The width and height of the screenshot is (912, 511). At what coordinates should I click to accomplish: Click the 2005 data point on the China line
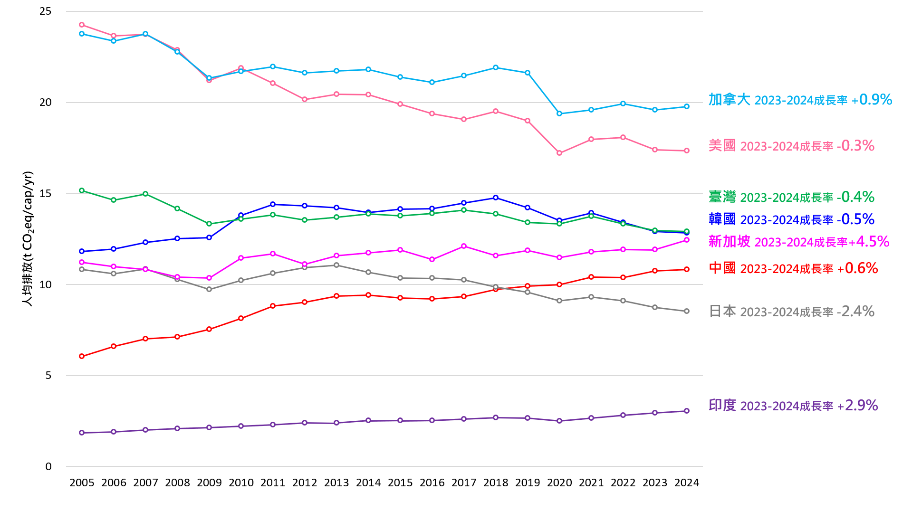coord(82,356)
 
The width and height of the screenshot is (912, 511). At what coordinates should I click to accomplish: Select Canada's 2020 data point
coord(559,114)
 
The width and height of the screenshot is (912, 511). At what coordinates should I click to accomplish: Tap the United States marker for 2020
coord(559,153)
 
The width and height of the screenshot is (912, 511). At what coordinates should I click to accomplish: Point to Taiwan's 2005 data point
coord(82,190)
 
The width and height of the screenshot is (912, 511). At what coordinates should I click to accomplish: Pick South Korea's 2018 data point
coord(496,198)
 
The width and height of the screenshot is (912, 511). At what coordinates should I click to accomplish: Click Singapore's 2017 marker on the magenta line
coord(464,246)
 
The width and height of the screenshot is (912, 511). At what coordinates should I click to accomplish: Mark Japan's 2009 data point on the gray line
coord(209,289)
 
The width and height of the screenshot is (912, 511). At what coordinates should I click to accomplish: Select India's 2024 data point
coord(687,411)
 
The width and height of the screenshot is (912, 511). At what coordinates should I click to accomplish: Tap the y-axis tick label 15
coord(46,193)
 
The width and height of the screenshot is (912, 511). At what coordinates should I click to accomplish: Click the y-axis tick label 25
coord(46,11)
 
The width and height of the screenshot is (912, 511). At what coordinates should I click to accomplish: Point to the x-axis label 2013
coord(336,483)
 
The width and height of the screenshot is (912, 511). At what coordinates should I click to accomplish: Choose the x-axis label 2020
coord(559,483)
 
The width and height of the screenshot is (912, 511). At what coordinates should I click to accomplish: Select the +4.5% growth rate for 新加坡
coord(873,242)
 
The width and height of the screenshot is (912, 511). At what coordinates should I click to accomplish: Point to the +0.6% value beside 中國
coord(861,268)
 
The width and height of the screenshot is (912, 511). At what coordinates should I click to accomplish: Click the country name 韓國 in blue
coord(722,219)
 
